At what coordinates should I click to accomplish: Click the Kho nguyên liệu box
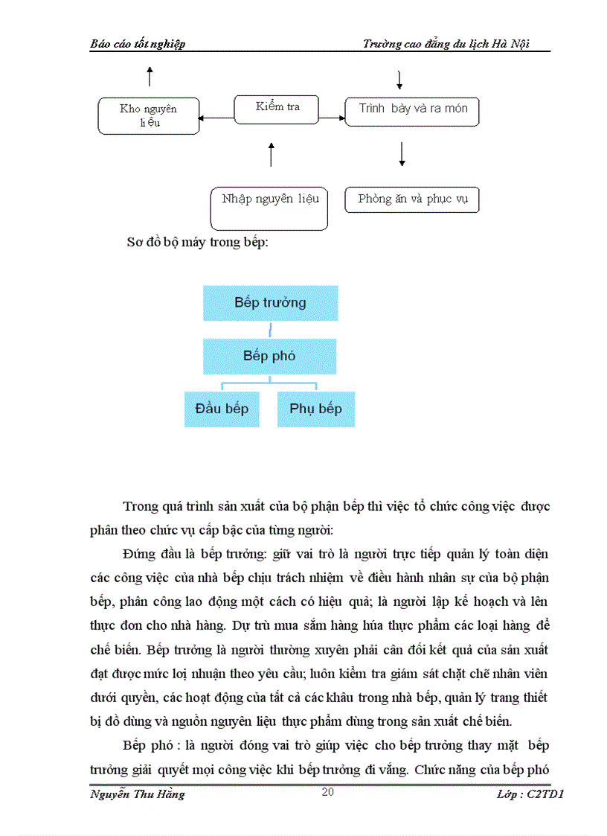pos(149,115)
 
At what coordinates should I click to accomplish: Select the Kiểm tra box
pos(277,109)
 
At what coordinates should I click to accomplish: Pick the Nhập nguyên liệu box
pos(269,208)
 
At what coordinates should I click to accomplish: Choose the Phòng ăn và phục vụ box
pos(411,200)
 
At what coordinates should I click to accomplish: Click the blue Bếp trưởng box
pos(270,303)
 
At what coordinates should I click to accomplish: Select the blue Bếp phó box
pos(269,356)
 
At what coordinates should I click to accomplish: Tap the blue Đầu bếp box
pos(222,409)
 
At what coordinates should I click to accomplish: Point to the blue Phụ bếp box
pos(316,409)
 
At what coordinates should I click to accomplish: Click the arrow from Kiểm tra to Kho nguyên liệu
pos(216,117)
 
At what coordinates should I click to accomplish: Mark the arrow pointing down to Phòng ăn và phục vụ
pos(402,153)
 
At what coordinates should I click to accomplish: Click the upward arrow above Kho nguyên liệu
pos(150,75)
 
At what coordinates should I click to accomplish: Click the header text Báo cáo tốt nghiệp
pos(138,44)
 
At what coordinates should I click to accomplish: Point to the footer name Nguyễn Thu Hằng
pos(138,794)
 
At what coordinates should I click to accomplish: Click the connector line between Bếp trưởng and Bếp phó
pos(270,330)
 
